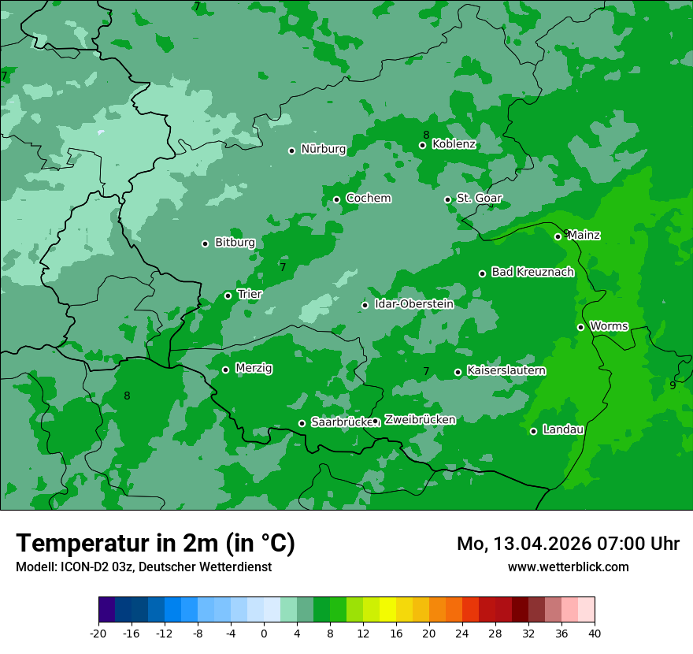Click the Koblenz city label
(x=454, y=144)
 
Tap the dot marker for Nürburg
(x=291, y=150)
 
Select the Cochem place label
(x=368, y=199)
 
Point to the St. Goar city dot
(x=447, y=199)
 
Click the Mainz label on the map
(x=584, y=235)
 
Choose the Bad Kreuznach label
(x=532, y=273)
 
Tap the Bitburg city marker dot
(x=205, y=243)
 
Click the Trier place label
(x=250, y=295)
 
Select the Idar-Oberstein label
(x=413, y=304)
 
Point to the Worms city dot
(x=580, y=327)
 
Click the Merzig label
(x=254, y=369)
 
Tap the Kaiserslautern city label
(x=506, y=371)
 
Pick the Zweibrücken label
(x=420, y=420)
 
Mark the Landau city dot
(x=533, y=431)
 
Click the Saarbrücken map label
(x=341, y=422)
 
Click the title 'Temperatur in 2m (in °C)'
(x=155, y=544)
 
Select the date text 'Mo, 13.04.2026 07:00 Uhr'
(x=568, y=544)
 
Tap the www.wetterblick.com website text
(x=568, y=567)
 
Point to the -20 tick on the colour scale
(x=98, y=634)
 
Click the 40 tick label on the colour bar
(x=595, y=634)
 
